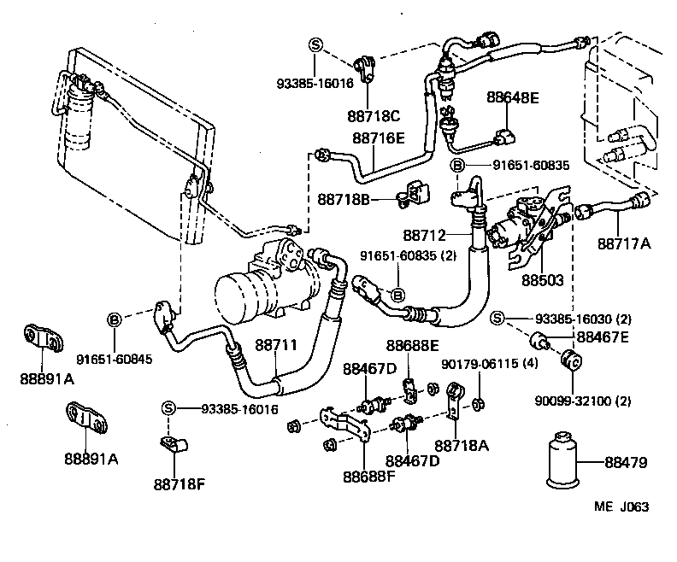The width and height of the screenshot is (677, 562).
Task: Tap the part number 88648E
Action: pos(514,97)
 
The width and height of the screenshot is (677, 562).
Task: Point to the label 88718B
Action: pos(344,199)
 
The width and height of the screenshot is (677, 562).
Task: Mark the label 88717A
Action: pos(623,244)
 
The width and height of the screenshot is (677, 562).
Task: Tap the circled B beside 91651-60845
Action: pos(114,319)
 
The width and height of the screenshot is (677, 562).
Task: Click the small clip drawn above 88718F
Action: pos(174,442)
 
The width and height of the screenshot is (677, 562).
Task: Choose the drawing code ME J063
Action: pos(621,506)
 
